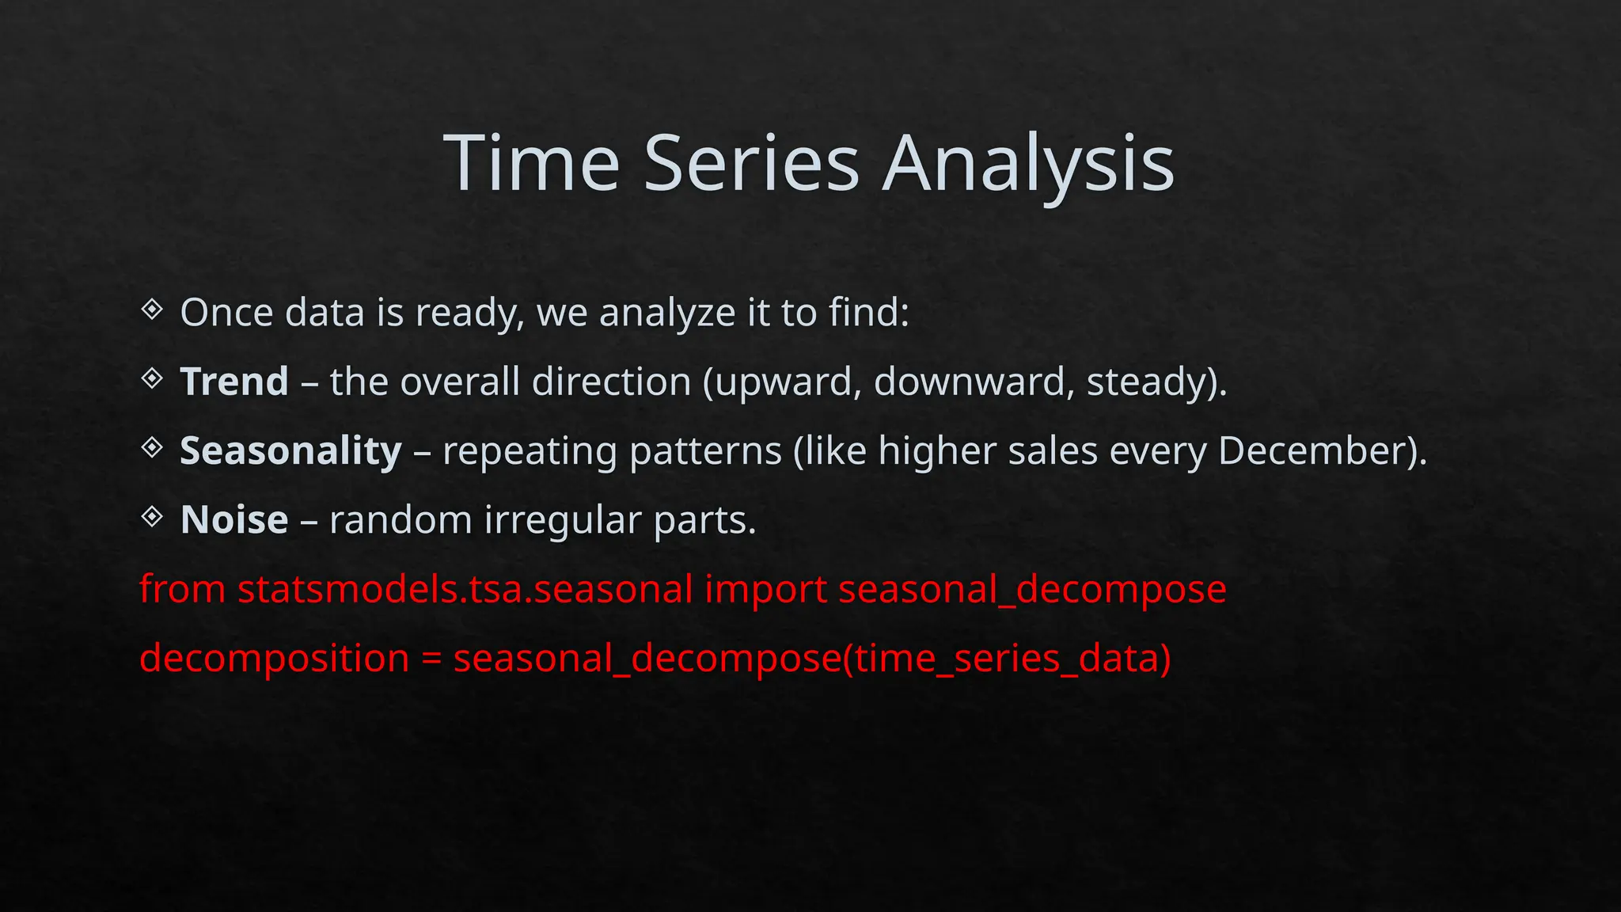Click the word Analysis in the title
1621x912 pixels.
point(1028,164)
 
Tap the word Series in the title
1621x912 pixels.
point(751,164)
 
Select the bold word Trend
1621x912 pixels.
point(234,382)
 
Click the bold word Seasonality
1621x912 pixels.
point(290,451)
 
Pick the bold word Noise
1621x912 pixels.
point(234,520)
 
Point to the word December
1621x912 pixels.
point(1315,451)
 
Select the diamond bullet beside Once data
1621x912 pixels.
point(152,310)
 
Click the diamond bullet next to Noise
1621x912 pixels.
point(152,518)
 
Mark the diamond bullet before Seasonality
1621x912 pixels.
point(152,448)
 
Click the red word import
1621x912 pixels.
point(765,590)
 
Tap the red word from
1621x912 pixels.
point(182,590)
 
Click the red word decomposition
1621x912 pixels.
point(274,659)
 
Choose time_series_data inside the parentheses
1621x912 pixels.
point(1005,659)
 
